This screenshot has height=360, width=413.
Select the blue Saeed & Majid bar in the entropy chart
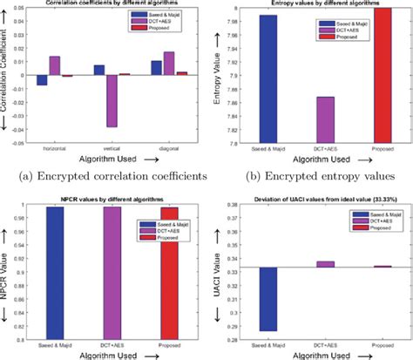pos(268,78)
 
